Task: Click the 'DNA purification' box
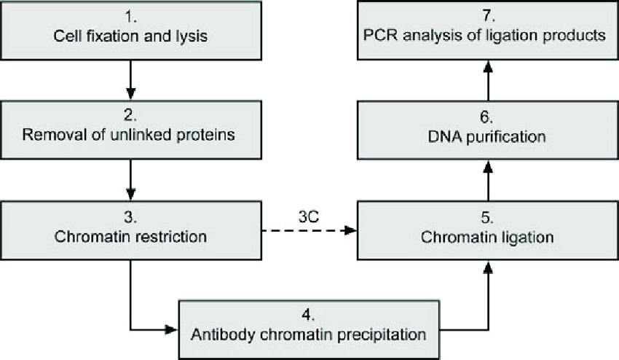tap(487, 129)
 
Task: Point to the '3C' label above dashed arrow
tap(307, 216)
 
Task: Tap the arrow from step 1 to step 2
tap(130, 79)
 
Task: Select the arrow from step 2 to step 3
tap(130, 179)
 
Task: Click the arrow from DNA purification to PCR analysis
tap(487, 79)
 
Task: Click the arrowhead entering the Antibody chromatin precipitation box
tap(173, 329)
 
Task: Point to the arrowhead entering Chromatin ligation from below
tap(487, 267)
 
